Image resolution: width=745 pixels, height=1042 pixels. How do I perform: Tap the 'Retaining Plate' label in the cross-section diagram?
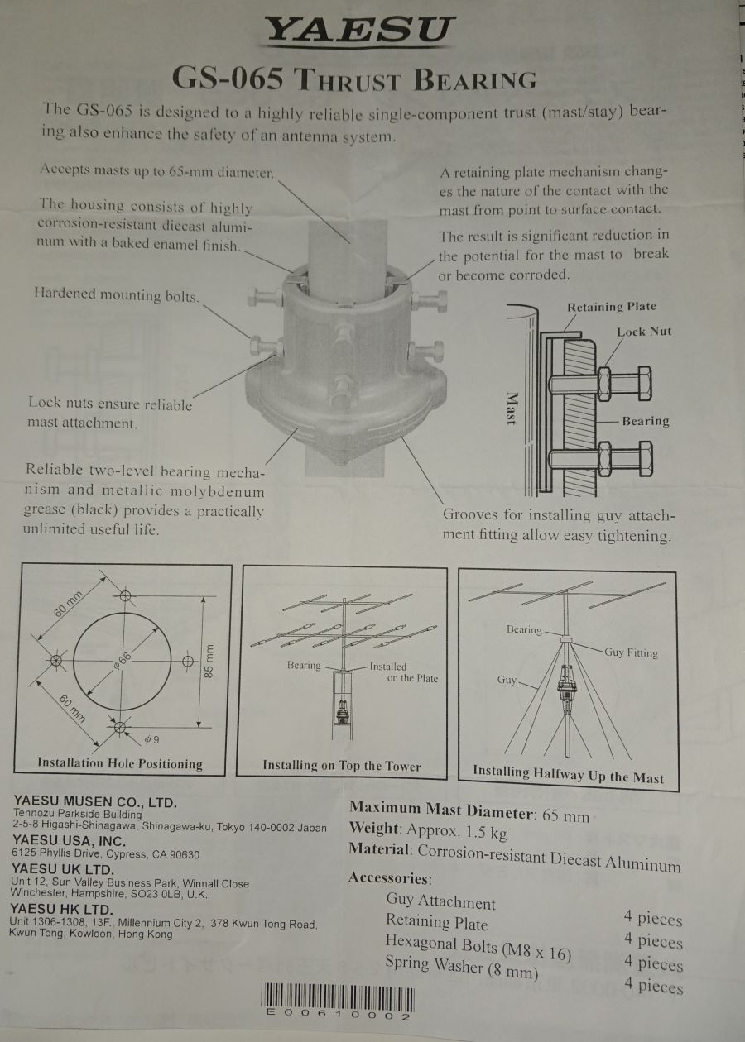click(612, 307)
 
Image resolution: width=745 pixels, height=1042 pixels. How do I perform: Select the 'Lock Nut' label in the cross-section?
click(644, 332)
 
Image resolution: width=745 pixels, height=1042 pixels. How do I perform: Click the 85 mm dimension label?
click(209, 661)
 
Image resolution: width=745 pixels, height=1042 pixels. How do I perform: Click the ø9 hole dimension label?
click(151, 739)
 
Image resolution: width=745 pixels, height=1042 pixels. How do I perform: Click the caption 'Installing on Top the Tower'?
click(342, 766)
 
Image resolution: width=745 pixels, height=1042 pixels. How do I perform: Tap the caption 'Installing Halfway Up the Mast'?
click(568, 774)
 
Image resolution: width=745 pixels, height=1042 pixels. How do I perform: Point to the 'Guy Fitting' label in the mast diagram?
click(631, 652)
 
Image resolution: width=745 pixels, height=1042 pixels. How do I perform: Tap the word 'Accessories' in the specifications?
click(390, 878)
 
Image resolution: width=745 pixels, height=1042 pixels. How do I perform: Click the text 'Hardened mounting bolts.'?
click(117, 295)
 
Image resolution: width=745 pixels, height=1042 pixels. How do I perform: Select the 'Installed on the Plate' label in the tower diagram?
click(404, 672)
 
